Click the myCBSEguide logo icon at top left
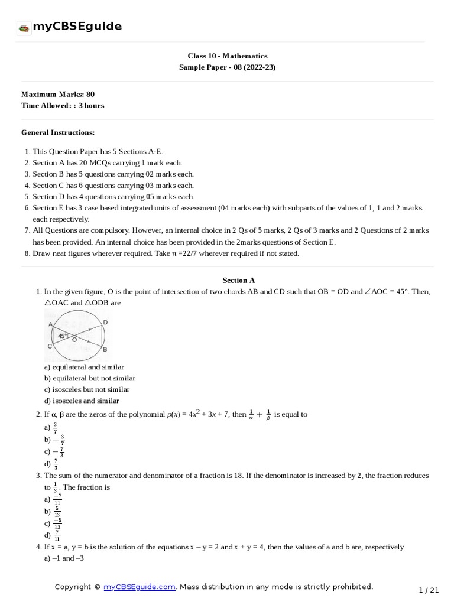tap(24, 27)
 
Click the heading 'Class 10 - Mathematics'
tap(227, 56)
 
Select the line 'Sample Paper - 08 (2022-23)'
tap(227, 67)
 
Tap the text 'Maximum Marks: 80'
tap(58, 94)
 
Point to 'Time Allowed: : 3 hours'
tap(63, 105)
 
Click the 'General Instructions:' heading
tap(58, 132)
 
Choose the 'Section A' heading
tap(238, 280)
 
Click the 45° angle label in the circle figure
tap(63, 336)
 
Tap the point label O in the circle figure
tap(74, 340)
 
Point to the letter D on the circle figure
tap(105, 322)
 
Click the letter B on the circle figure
tap(105, 349)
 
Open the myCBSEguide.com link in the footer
tap(140, 587)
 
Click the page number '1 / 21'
tap(429, 590)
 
